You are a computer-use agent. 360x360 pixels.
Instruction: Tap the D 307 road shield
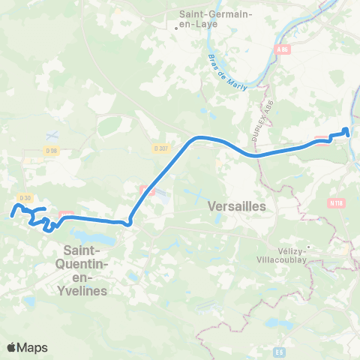point(159,148)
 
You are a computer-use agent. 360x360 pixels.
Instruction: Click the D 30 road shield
point(25,198)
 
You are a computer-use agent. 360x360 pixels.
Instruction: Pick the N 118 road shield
point(335,202)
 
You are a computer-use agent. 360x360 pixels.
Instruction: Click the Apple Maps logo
point(27,347)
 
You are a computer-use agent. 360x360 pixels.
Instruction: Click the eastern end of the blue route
point(346,130)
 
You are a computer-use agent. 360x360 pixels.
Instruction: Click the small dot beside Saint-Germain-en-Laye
point(176,28)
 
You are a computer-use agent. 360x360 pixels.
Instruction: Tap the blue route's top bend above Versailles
point(199,137)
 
